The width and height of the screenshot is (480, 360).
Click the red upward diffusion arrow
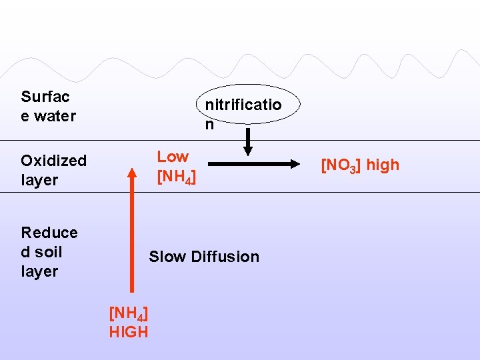pyautogui.click(x=132, y=233)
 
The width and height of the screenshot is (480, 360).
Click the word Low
pyautogui.click(x=173, y=157)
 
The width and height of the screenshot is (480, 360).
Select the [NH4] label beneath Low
pyautogui.click(x=176, y=178)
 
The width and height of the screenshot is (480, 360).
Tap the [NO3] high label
pyautogui.click(x=360, y=165)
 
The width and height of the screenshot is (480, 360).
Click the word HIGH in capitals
pyautogui.click(x=129, y=332)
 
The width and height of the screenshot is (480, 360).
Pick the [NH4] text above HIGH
pyautogui.click(x=129, y=313)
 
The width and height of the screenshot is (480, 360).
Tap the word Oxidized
pyautogui.click(x=53, y=161)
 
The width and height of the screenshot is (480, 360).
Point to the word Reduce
pyautogui.click(x=49, y=233)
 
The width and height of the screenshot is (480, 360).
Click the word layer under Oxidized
pyautogui.click(x=39, y=180)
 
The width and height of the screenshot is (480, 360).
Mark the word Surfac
pyautogui.click(x=45, y=97)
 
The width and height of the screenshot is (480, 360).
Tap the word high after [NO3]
pyautogui.click(x=383, y=165)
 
